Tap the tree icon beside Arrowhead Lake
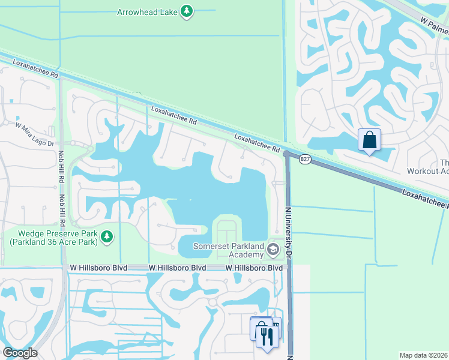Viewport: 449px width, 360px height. [x=187, y=11]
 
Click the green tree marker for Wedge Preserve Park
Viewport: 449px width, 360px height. [x=107, y=238]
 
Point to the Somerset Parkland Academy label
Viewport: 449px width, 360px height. [x=228, y=250]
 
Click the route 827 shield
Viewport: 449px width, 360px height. [x=306, y=159]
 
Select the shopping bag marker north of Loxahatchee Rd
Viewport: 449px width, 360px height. [x=369, y=140]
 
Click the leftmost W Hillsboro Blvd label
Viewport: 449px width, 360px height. [x=98, y=268]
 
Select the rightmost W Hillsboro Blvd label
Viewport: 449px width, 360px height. [x=254, y=268]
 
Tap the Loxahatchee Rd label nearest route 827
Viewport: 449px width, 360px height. [x=257, y=143]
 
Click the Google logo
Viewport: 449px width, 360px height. [x=19, y=352]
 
